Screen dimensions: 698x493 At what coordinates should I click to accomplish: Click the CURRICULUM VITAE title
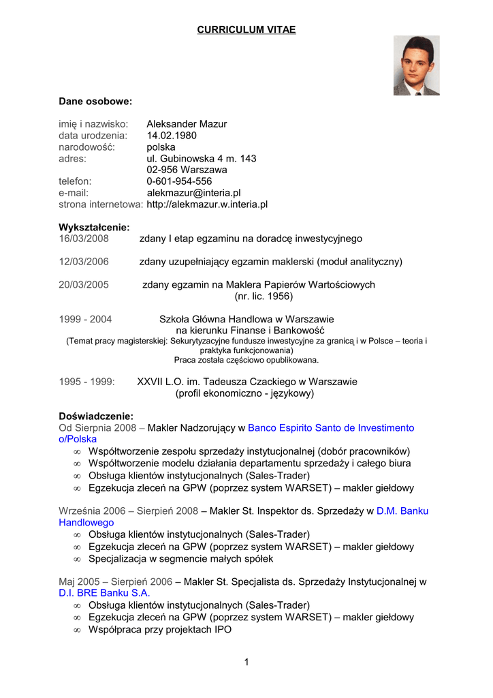tap(246, 30)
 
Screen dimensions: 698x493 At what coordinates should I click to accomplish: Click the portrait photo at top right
tap(416, 65)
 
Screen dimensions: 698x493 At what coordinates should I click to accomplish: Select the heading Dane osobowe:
tap(95, 102)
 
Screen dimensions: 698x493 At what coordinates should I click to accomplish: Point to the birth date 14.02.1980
tap(172, 136)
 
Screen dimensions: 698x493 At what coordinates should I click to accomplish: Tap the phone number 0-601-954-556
tap(179, 181)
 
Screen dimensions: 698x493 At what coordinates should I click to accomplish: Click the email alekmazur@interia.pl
tap(193, 193)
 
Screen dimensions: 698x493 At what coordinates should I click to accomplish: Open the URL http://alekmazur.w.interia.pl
tap(207, 204)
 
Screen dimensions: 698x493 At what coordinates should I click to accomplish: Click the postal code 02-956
tap(161, 170)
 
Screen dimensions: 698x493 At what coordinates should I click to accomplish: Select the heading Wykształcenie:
tap(94, 227)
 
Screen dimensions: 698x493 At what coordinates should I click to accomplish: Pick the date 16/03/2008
tap(84, 239)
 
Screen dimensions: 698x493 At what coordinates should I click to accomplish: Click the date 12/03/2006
tap(84, 262)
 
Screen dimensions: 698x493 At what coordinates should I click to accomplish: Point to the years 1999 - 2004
tap(85, 319)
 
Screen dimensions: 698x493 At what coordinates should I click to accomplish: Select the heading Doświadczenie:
tap(96, 416)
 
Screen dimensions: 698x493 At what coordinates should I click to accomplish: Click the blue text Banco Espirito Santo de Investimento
tap(331, 428)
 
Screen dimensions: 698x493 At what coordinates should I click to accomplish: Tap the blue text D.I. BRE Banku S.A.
tap(104, 593)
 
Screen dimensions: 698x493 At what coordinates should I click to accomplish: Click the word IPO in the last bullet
tap(221, 630)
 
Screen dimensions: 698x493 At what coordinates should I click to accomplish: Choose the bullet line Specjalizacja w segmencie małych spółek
tap(180, 559)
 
